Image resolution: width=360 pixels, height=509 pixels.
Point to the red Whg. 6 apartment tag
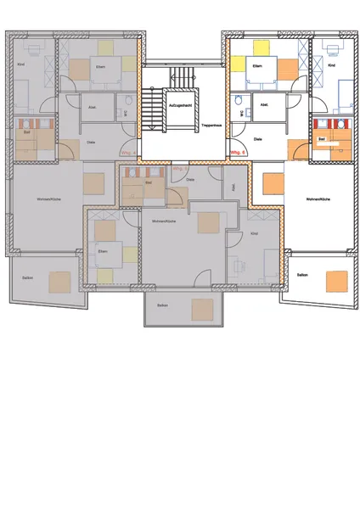238,154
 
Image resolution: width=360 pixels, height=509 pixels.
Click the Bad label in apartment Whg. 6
322,137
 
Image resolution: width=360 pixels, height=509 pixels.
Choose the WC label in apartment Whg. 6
242,110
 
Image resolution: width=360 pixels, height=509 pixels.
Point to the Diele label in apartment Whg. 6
257,138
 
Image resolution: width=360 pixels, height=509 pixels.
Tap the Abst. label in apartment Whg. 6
264,105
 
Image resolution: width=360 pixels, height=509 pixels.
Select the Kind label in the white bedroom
332,64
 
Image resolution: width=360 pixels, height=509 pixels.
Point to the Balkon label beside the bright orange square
302,275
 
